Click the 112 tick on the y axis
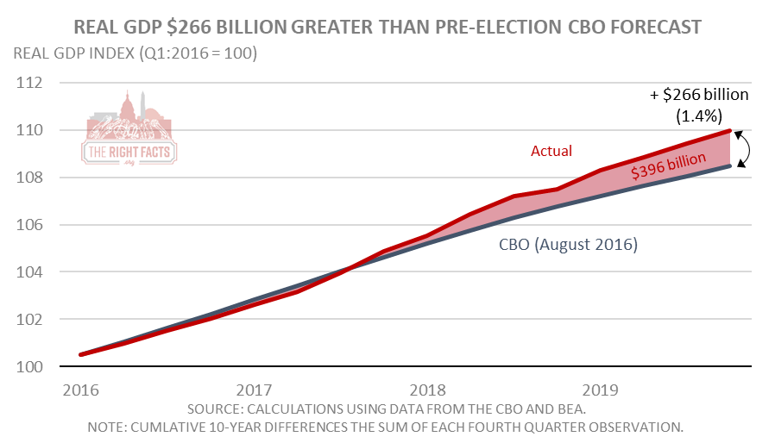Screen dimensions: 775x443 (29, 83)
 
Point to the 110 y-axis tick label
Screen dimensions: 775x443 (29, 130)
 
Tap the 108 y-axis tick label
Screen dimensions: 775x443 (29, 178)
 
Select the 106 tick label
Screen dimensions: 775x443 (29, 225)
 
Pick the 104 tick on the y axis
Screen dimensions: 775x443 (29, 271)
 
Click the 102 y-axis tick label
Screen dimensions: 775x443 (29, 319)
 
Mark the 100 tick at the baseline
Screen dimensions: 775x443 (29, 366)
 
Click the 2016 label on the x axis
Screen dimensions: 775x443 (81, 390)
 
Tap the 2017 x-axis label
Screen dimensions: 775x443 (254, 390)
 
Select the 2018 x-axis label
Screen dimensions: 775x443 (427, 390)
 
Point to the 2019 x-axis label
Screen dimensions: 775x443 (600, 390)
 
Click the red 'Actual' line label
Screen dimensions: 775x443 (551, 151)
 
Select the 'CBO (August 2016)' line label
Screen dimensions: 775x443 (569, 245)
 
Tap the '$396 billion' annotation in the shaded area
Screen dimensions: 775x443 (668, 165)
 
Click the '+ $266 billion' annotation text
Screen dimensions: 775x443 (699, 94)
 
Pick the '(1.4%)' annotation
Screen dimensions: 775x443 (699, 116)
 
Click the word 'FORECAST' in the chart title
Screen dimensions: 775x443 (656, 27)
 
